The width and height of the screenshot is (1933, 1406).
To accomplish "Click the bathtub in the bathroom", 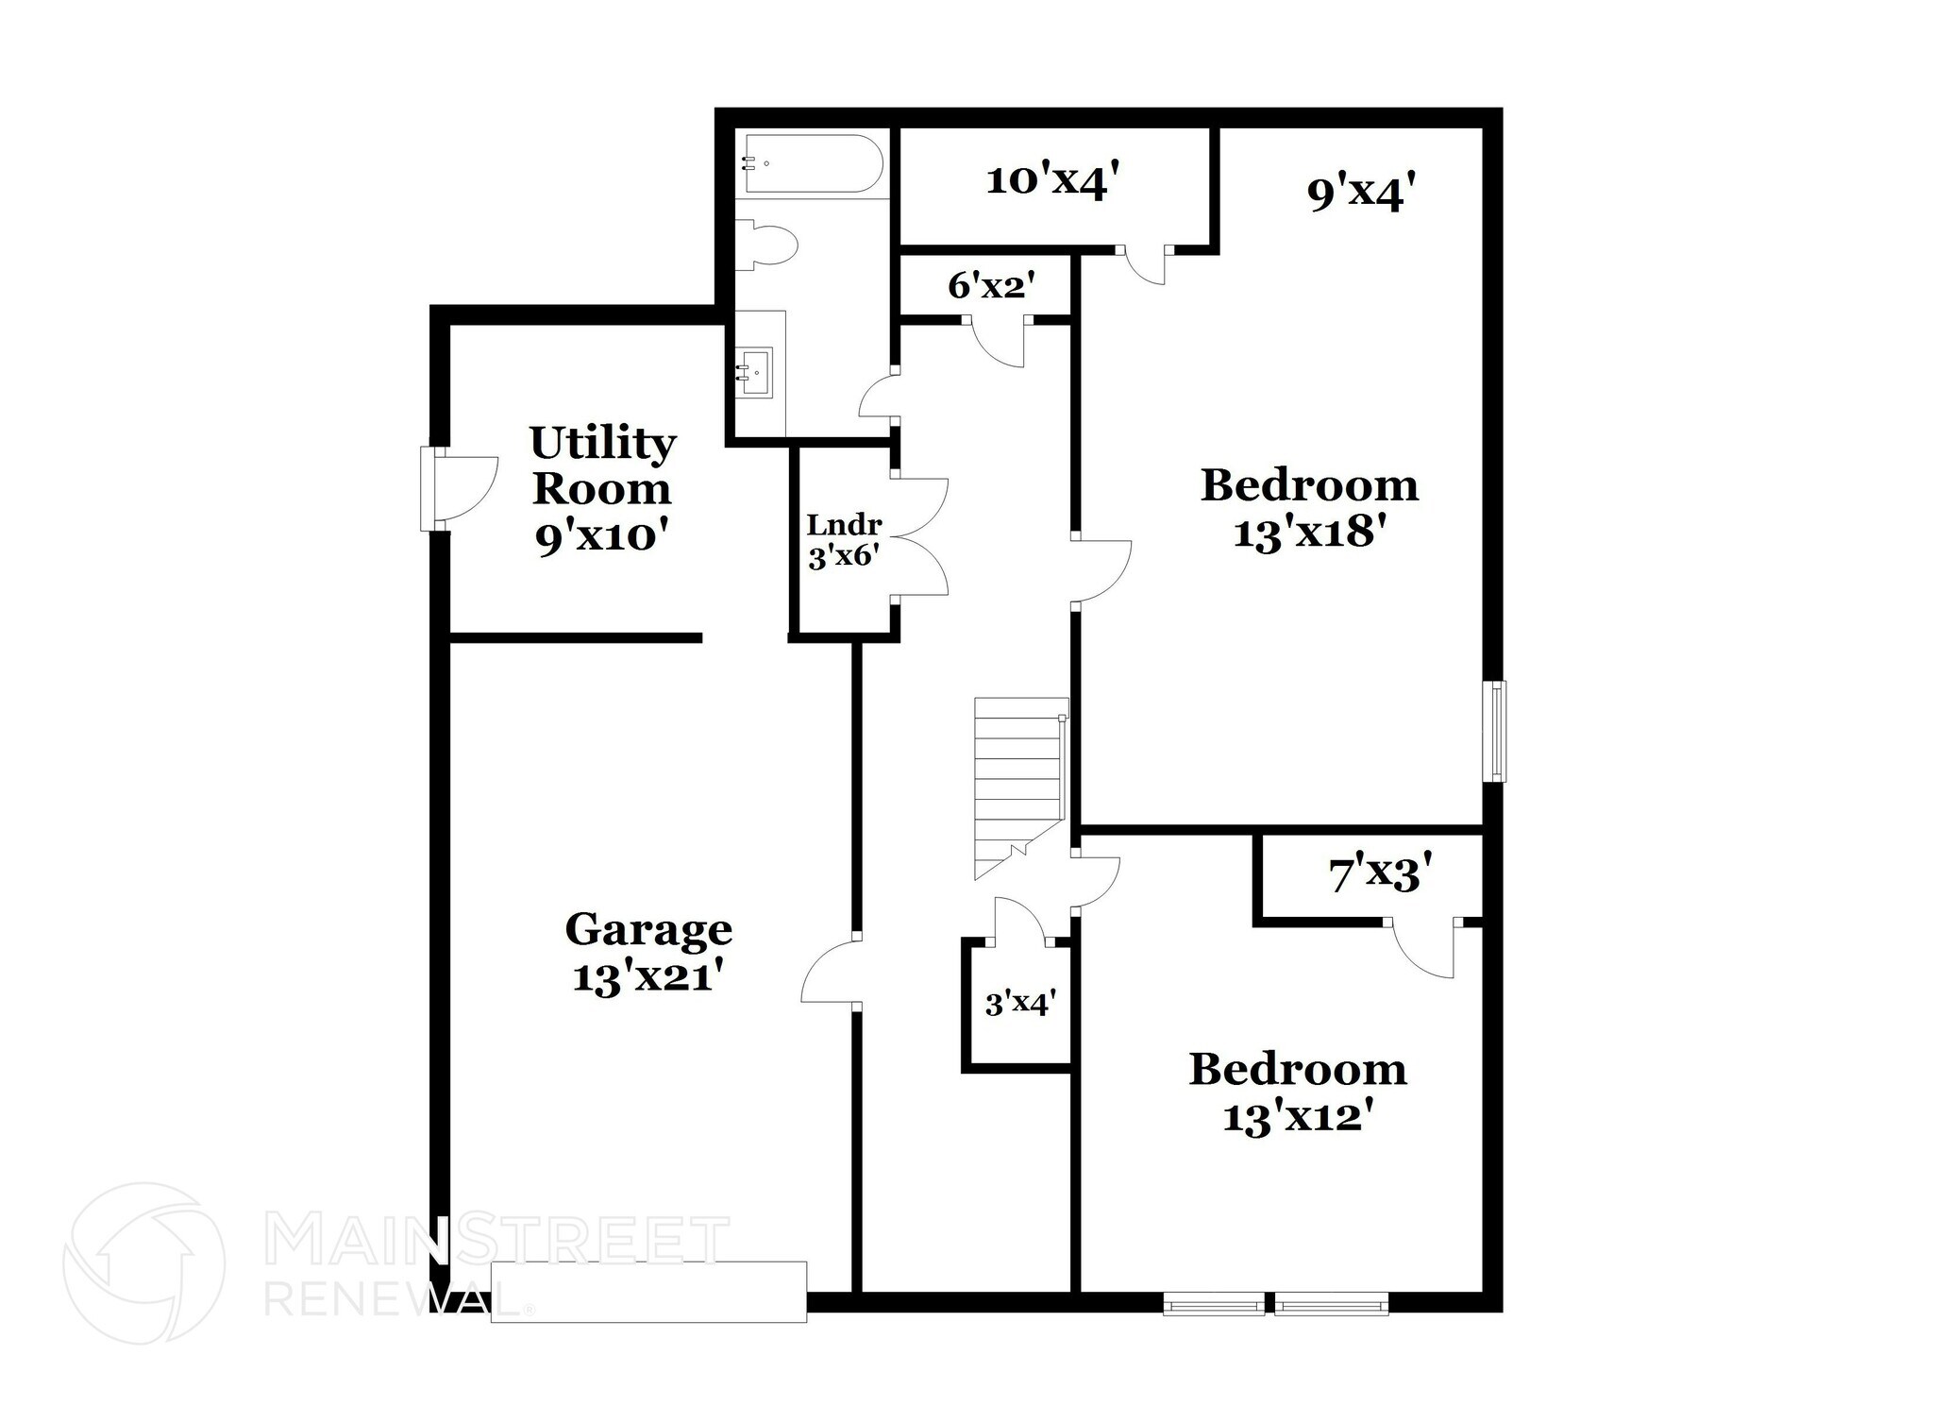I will pos(813,164).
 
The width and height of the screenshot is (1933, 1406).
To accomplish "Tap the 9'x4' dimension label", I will pos(1361,194).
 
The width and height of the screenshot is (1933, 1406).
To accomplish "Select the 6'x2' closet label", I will pos(991,285).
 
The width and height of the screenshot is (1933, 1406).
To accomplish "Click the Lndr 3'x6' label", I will pos(844,541).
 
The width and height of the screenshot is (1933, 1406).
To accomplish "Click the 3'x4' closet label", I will pos(1019,1004).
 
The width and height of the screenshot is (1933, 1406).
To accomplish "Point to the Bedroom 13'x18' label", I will pos(1309,509).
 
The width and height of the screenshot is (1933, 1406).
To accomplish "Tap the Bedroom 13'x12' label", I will pos(1297,1093).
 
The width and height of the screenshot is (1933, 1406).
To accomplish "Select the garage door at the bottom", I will pos(648,1291).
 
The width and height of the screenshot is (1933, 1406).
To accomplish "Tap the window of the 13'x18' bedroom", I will pos(1494,731).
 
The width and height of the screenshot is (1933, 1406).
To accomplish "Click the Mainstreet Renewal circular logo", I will pos(143,1263).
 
